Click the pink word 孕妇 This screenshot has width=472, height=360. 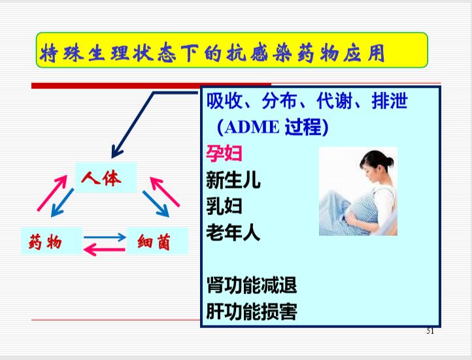[224, 154]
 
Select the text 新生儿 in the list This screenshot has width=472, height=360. [233, 180]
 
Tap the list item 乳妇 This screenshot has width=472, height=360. [224, 206]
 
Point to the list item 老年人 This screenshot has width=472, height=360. [233, 232]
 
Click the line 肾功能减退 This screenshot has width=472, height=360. [252, 285]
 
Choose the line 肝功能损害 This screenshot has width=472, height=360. [252, 311]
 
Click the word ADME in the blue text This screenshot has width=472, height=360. [252, 127]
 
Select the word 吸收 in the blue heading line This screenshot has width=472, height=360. [224, 101]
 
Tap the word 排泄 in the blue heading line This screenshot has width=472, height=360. [390, 101]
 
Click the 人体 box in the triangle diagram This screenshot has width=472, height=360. [106, 178]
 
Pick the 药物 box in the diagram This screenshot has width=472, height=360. [52, 241]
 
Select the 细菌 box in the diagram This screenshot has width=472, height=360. [157, 241]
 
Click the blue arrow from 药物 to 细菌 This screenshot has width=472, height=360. [105, 237]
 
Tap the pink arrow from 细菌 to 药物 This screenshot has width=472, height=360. [104, 250]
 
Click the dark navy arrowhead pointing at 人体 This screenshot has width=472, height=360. [116, 152]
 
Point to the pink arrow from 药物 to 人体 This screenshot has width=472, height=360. [52, 193]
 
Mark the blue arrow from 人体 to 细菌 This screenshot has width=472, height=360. [156, 204]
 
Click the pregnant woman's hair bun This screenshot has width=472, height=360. [390, 162]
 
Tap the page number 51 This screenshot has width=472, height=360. [430, 331]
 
